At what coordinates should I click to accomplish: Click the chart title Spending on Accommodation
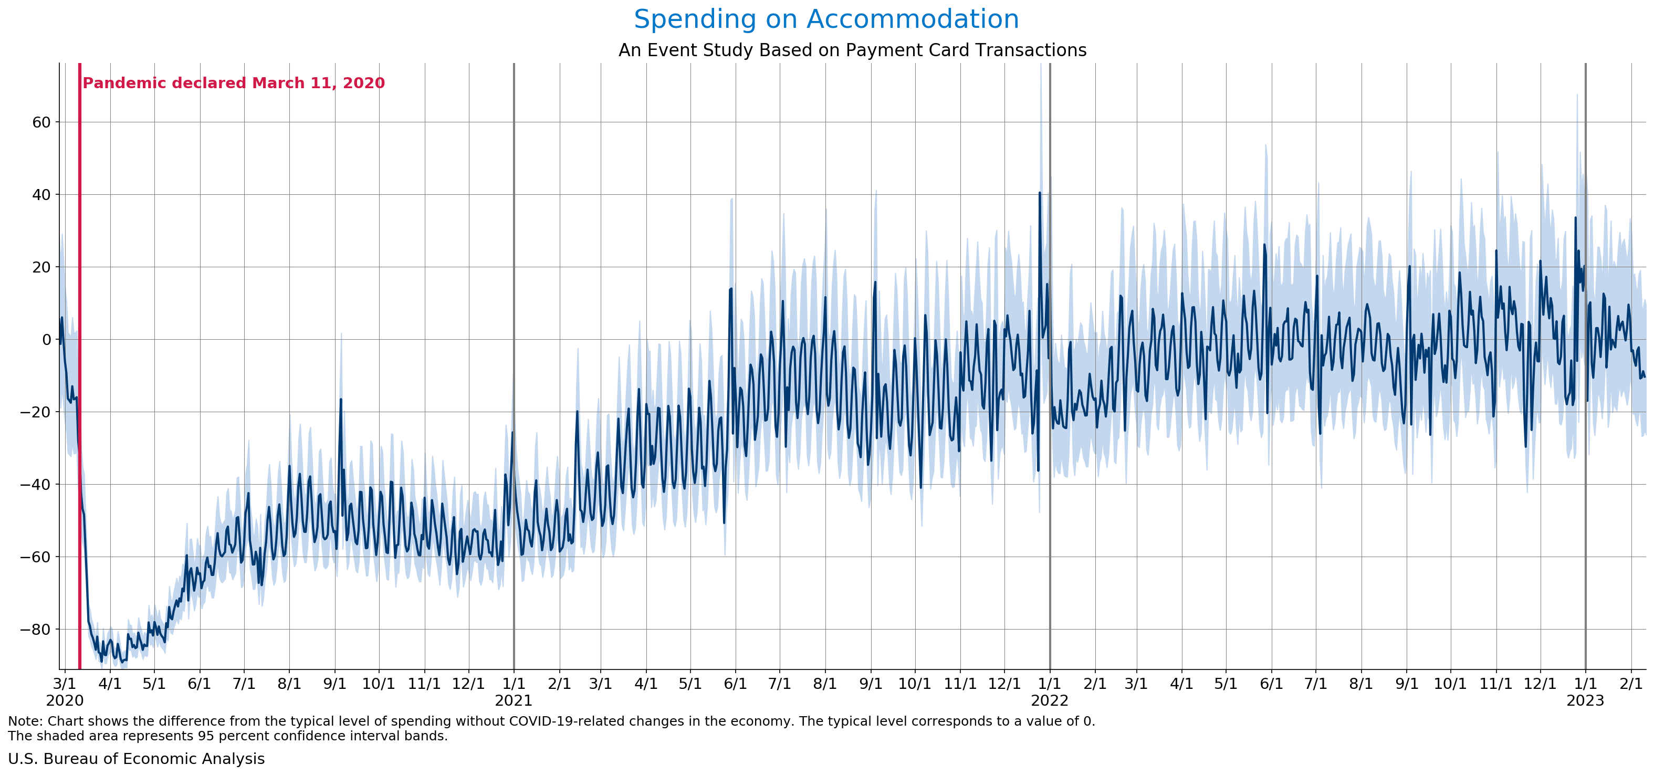826,19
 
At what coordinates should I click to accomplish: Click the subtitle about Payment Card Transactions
852,50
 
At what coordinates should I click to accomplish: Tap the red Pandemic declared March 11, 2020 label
234,83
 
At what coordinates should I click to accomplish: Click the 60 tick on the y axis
41,122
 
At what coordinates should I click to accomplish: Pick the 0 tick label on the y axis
46,340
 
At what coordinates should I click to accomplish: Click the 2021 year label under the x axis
514,700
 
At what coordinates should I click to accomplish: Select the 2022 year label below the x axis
1050,700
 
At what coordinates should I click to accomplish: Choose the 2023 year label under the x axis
1585,700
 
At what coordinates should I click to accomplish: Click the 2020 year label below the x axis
64,700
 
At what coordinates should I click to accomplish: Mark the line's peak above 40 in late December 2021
1040,193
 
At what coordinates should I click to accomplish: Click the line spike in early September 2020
341,400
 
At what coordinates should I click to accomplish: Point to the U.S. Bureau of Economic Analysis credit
136,759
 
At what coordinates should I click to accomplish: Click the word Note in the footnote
23,721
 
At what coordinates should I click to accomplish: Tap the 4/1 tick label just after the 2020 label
110,684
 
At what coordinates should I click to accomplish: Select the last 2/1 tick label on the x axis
1631,684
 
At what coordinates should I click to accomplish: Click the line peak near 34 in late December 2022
1575,218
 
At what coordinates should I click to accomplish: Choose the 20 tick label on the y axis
41,267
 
